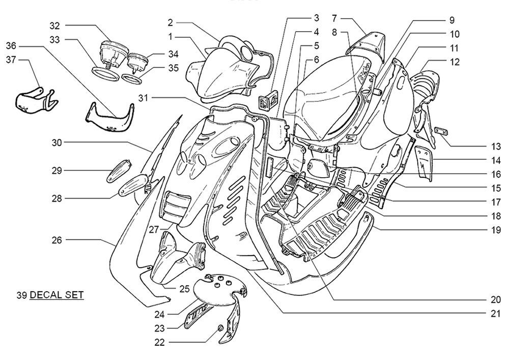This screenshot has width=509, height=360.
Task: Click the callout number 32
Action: (x=55, y=25)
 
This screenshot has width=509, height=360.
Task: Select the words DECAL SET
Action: (x=56, y=295)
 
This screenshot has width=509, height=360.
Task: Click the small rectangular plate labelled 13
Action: (x=441, y=131)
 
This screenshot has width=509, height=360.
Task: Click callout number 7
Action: (x=334, y=18)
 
